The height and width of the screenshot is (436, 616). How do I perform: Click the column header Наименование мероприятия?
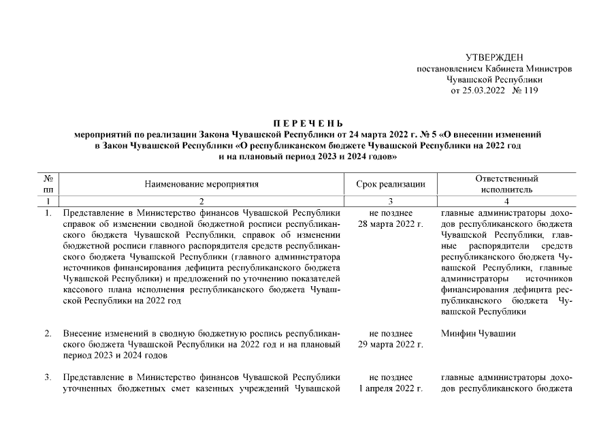tap(201, 184)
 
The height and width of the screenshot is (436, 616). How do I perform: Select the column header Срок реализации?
tap(391, 184)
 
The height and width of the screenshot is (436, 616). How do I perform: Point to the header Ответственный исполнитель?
tap(504, 184)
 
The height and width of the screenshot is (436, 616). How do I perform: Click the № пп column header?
tap(48, 184)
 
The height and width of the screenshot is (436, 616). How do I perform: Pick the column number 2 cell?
tap(201, 202)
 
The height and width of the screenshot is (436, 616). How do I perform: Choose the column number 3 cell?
tap(391, 202)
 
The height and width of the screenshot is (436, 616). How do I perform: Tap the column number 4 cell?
tap(504, 202)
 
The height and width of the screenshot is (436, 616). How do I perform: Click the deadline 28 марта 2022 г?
tap(391, 224)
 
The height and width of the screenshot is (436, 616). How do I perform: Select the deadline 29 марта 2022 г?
tap(391, 345)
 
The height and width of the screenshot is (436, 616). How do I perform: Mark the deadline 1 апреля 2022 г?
tap(391, 388)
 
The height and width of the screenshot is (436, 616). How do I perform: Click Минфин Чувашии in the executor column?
tap(479, 334)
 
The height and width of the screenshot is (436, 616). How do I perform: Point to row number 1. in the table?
tap(48, 213)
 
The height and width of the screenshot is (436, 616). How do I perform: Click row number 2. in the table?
tap(48, 334)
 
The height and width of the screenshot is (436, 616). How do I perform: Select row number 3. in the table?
tap(48, 377)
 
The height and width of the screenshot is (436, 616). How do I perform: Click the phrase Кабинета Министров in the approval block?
tap(533, 69)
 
